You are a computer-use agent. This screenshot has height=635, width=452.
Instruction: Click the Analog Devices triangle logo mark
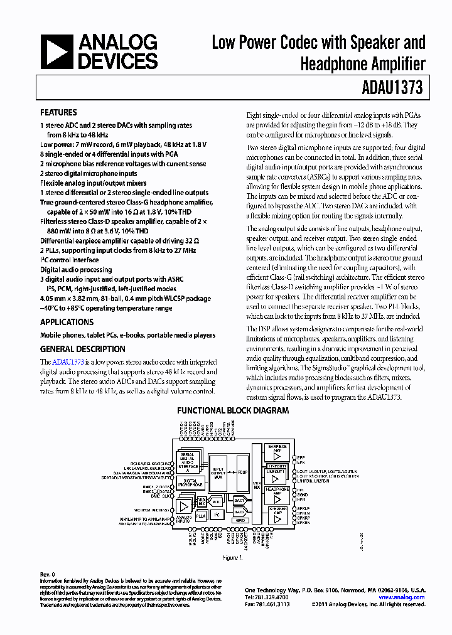pyautogui.click(x=56, y=51)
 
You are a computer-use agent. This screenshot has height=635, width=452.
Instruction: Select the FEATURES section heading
pyautogui.click(x=58, y=113)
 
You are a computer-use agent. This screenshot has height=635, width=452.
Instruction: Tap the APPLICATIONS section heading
pyautogui.click(x=67, y=322)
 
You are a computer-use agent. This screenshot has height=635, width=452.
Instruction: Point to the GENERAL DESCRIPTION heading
pyautogui.click(x=82, y=349)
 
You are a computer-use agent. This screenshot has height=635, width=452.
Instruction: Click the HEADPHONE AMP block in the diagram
pyautogui.click(x=277, y=493)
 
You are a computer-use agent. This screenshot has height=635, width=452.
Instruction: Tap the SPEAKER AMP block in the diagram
pyautogui.click(x=277, y=515)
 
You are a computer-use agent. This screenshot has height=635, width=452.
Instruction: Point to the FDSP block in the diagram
pyautogui.click(x=242, y=471)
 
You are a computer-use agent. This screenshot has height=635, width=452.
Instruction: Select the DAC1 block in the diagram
pyautogui.click(x=239, y=500)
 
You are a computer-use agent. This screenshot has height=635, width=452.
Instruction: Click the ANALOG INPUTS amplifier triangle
pyautogui.click(x=183, y=506)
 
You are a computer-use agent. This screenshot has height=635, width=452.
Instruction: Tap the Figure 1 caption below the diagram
pyautogui.click(x=232, y=558)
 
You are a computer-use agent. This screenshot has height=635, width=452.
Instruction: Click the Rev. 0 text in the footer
pyautogui.click(x=48, y=574)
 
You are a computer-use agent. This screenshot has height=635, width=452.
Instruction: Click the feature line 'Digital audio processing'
pyautogui.click(x=76, y=270)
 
